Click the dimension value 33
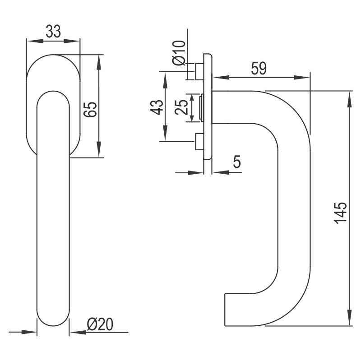pyautogui.click(x=53, y=32)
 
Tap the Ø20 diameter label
pyautogui.click(x=100, y=324)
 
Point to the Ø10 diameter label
pyautogui.click(x=179, y=52)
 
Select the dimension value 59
pyautogui.click(x=259, y=69)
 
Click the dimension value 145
pyautogui.click(x=341, y=212)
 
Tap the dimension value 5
pyautogui.click(x=237, y=162)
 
